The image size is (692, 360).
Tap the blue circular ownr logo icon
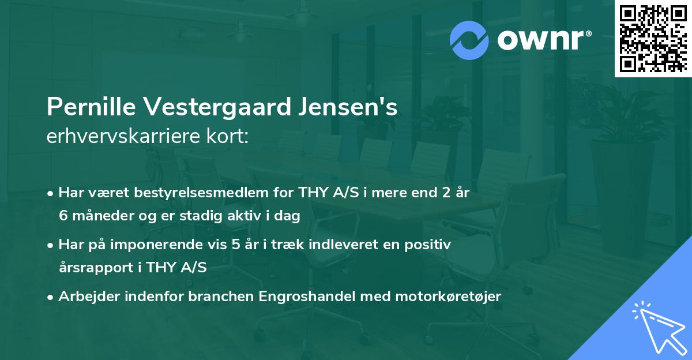[469, 40]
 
